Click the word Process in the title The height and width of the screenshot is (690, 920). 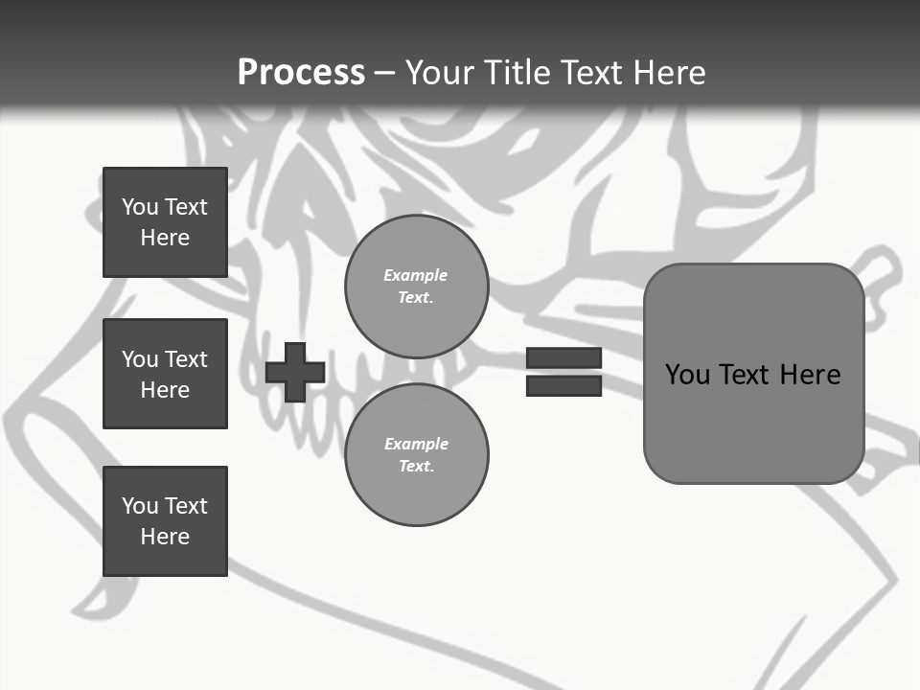click(301, 73)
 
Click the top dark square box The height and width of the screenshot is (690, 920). click(165, 222)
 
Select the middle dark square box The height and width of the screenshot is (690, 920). click(165, 374)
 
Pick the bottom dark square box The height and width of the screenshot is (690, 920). click(165, 521)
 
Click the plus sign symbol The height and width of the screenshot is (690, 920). click(295, 372)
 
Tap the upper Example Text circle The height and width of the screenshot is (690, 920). click(417, 286)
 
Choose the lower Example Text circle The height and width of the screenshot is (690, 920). click(417, 454)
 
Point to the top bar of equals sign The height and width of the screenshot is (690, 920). click(563, 357)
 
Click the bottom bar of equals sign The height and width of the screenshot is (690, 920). click(563, 385)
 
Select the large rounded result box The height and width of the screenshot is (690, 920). click(753, 374)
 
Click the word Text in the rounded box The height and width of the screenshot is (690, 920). click(747, 375)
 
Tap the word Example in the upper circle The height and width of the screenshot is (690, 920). click(415, 275)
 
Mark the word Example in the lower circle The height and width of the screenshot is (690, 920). click(416, 444)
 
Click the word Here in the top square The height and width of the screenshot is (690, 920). click(165, 238)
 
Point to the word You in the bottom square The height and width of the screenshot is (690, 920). click(140, 506)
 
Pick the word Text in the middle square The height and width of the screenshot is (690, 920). click(186, 359)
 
